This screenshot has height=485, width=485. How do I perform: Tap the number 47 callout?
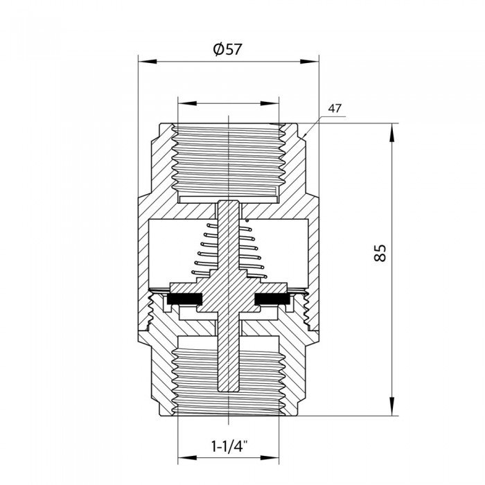[x=336, y=108]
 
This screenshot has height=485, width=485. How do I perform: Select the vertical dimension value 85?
[x=380, y=253]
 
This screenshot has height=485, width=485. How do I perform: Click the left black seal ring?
[x=183, y=299]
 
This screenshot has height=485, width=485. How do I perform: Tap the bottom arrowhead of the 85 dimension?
[x=393, y=412]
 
